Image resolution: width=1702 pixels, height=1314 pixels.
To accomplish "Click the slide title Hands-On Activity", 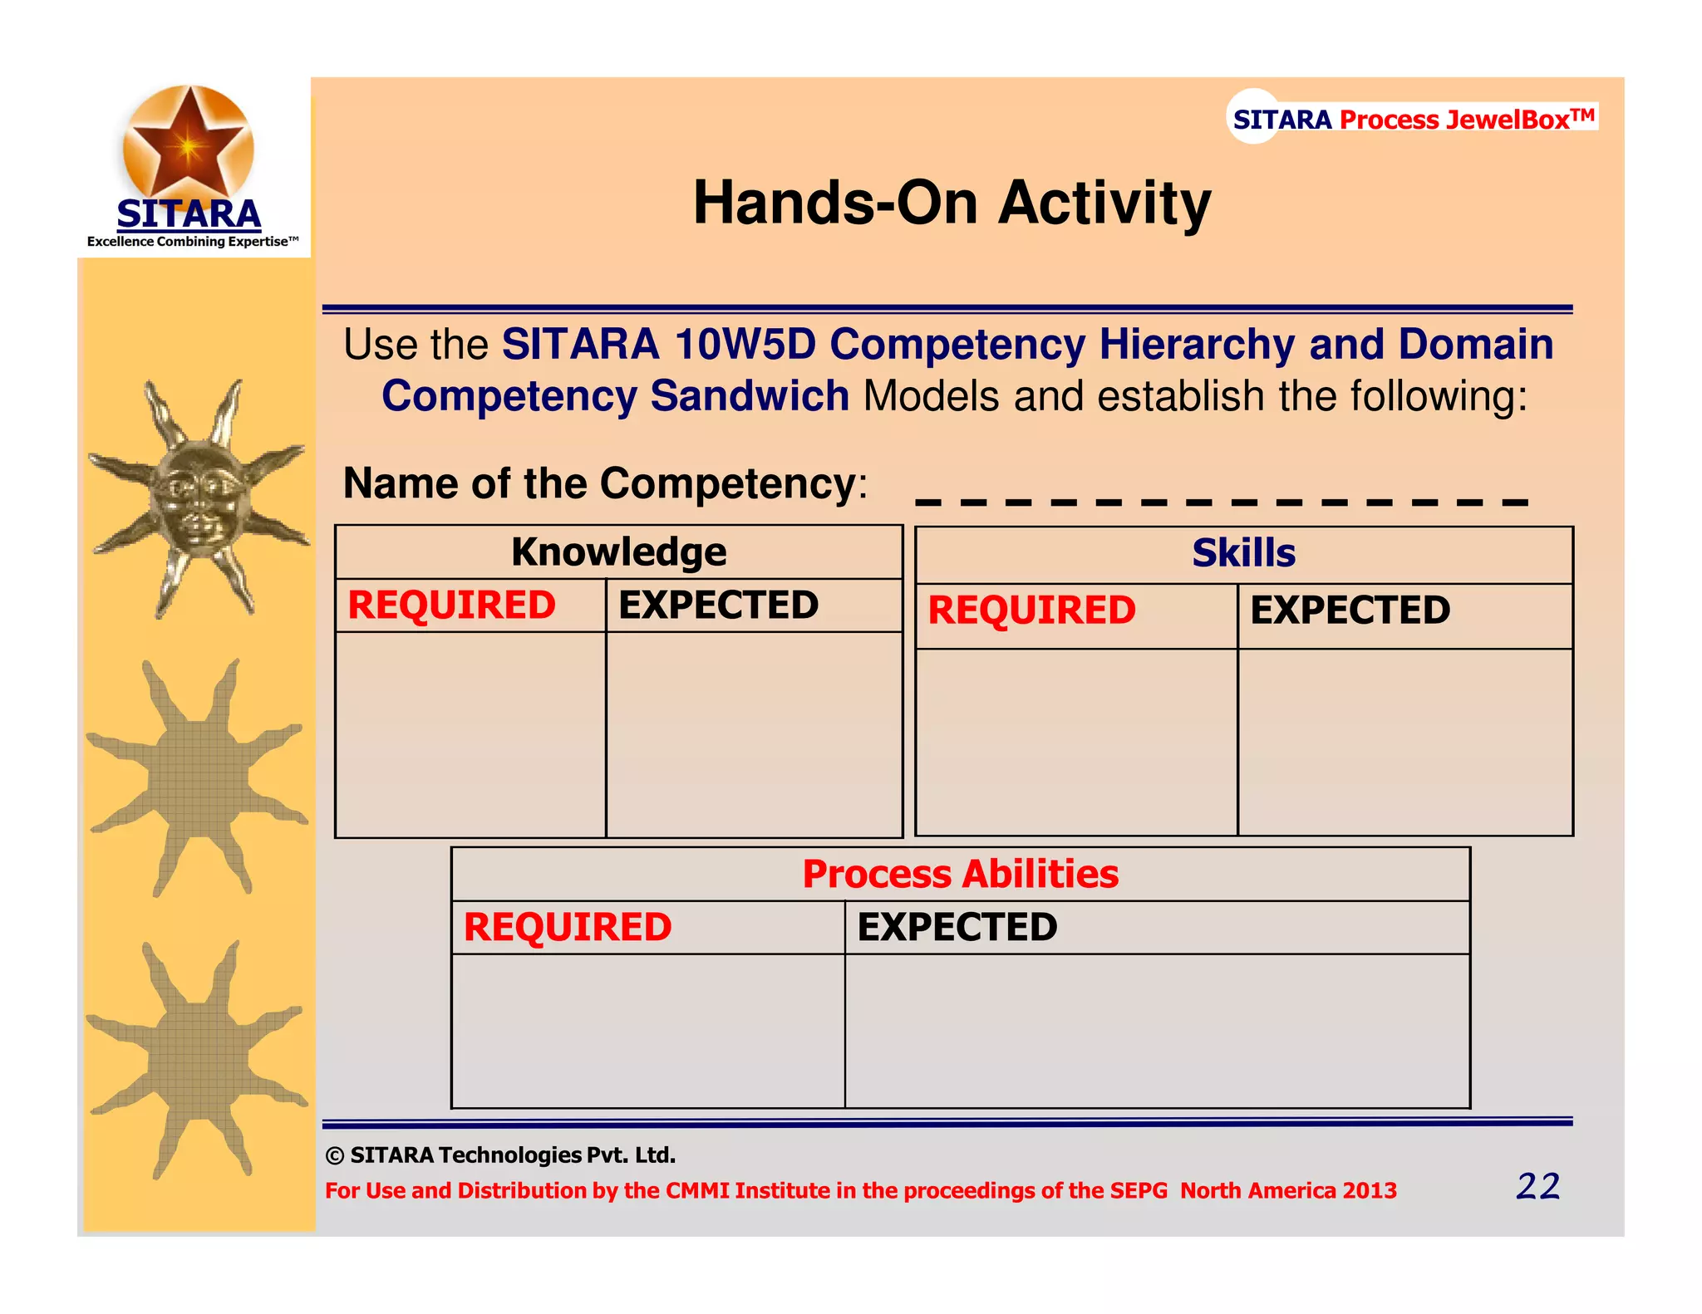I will click(952, 203).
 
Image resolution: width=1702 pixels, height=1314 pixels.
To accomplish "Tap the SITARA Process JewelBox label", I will click(1413, 119).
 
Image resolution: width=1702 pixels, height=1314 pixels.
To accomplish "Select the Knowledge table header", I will click(618, 552).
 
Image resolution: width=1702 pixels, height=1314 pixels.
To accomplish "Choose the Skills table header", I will click(1243, 553).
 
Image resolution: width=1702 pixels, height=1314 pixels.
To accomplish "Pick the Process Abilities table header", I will click(960, 874).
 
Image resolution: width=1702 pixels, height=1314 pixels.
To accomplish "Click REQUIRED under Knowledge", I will click(451, 605).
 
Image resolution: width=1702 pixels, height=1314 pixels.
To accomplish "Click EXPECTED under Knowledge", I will click(718, 605).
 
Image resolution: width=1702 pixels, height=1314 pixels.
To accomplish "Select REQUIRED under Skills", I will click(1031, 610).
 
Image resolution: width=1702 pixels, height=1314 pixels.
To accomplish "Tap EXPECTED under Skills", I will click(1350, 610).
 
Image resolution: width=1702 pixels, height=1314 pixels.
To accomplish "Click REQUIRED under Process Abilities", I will click(567, 927).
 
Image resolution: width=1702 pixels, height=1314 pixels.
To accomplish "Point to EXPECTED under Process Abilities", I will click(957, 927).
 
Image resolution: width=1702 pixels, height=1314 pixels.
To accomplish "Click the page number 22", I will click(1537, 1186).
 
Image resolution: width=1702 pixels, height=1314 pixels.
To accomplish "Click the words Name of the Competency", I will click(603, 483).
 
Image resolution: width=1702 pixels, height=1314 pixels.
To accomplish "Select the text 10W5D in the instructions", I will click(745, 345).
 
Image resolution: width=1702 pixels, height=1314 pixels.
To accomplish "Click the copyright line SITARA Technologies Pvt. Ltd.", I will click(501, 1155).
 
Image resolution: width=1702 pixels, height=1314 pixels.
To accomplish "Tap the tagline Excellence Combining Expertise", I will click(192, 242).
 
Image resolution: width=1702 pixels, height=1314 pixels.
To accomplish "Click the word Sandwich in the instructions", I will click(749, 396).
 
